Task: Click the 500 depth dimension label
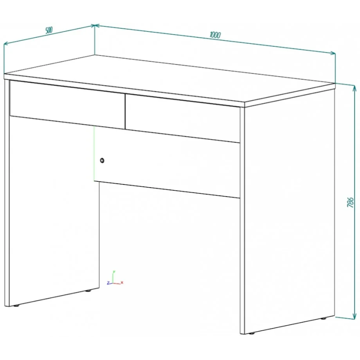click(x=49, y=30)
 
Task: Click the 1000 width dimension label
click(x=215, y=35)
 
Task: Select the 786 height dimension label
click(x=350, y=202)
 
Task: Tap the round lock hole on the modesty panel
click(x=102, y=161)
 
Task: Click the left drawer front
click(x=67, y=105)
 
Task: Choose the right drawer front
click(x=183, y=118)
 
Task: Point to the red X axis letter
click(x=122, y=283)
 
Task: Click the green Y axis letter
click(x=114, y=272)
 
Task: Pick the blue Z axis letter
click(x=108, y=283)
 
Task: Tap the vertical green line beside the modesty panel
click(x=94, y=153)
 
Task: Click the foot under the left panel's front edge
click(x=16, y=306)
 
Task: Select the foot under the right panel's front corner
click(x=252, y=333)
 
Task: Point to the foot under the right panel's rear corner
click(x=324, y=319)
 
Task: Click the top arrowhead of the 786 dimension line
click(x=354, y=87)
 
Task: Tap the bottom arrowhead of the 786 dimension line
click(x=354, y=316)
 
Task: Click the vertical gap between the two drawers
click(x=125, y=111)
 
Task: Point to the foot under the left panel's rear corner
click(x=88, y=291)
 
